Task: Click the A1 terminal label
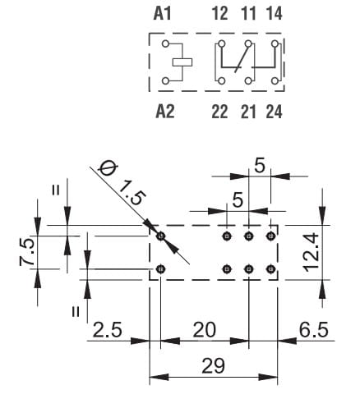tap(162, 14)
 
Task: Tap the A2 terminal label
tap(165, 112)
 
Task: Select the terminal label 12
tap(220, 14)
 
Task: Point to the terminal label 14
tap(275, 14)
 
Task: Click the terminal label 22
tap(219, 112)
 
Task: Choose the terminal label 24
tap(274, 112)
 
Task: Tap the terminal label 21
tap(248, 112)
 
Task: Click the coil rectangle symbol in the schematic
tap(182, 62)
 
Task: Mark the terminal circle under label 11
tap(248, 44)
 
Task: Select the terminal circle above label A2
tap(165, 81)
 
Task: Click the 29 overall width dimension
tap(213, 366)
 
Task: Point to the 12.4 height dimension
tap(312, 252)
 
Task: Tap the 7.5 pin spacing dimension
tap(27, 252)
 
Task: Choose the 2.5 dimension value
tap(107, 329)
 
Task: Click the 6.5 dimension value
tap(313, 329)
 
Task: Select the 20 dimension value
tap(205, 329)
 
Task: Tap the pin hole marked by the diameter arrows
tap(161, 236)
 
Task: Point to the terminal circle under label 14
tap(275, 44)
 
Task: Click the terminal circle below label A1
tap(165, 44)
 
